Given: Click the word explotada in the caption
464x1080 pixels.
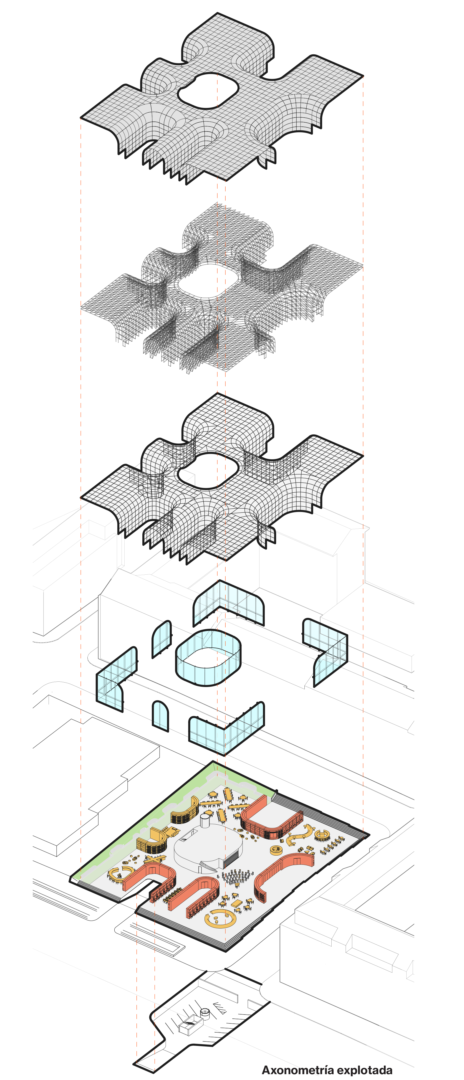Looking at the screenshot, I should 365,1070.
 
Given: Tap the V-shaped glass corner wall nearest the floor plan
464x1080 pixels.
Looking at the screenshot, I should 226,729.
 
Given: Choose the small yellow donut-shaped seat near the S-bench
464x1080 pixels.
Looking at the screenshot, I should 276,850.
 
